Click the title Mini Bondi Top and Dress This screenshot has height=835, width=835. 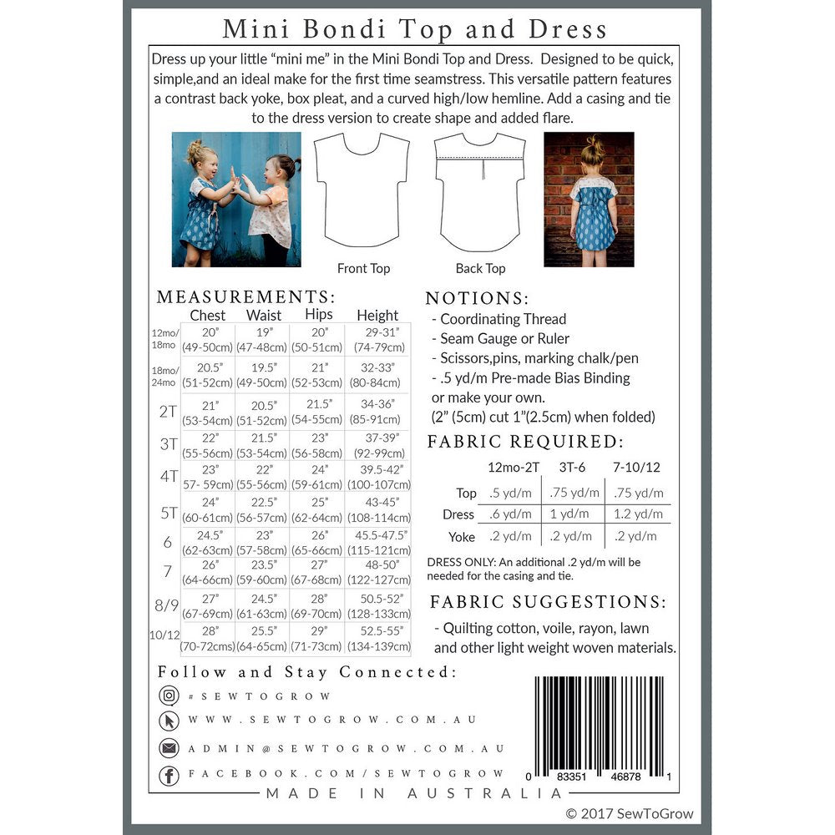(414, 29)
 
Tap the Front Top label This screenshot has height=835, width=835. (363, 268)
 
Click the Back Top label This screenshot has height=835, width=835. (480, 268)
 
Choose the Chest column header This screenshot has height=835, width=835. (208, 316)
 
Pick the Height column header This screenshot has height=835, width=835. (377, 316)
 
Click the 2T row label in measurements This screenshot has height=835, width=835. (169, 411)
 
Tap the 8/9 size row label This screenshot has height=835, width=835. (168, 604)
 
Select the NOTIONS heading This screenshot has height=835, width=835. (477, 298)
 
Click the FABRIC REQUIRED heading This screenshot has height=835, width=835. (525, 443)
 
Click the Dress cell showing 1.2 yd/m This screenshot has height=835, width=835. (640, 514)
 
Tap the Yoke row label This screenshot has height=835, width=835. (461, 537)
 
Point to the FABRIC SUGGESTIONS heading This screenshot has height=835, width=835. (548, 602)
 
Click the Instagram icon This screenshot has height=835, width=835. (169, 696)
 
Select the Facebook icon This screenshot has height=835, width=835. (169, 776)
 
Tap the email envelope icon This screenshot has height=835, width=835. (169, 748)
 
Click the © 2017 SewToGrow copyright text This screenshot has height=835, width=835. (629, 813)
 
